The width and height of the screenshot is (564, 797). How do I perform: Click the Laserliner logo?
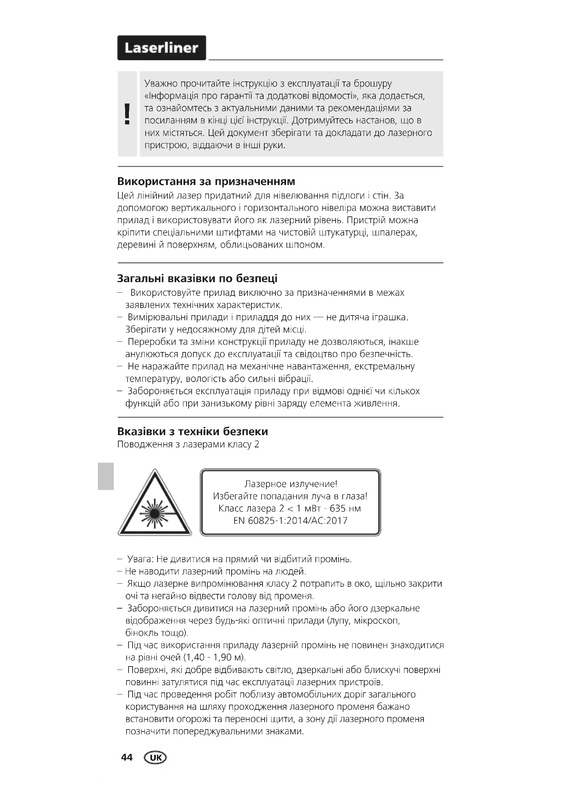(161, 48)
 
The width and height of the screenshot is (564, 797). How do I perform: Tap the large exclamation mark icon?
(128, 114)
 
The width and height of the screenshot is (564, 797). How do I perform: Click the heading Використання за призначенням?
(206, 181)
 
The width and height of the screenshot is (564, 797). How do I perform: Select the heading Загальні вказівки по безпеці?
(197, 278)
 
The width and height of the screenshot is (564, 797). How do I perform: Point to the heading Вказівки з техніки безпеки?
(192, 431)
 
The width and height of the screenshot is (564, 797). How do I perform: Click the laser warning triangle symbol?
(154, 504)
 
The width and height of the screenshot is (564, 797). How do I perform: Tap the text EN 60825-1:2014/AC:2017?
(290, 521)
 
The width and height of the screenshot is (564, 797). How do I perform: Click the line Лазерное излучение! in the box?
(290, 484)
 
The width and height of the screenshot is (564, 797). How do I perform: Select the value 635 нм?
(345, 508)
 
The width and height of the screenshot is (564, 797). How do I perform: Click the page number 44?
(127, 757)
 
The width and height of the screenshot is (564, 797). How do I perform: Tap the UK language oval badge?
(155, 757)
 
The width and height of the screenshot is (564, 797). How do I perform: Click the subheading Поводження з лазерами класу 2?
(188, 445)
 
